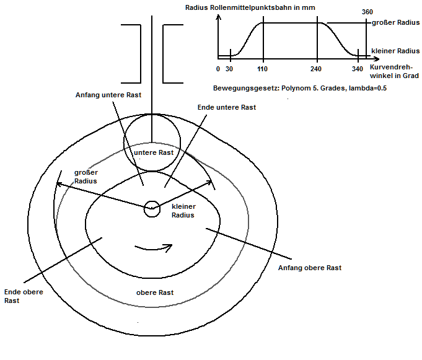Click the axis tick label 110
coord(262,69)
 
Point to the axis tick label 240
coord(316,69)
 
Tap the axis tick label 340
coord(358,69)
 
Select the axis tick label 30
coord(229,69)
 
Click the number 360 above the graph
coord(367,12)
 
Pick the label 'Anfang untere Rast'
coord(108,95)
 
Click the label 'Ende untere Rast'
coord(227,107)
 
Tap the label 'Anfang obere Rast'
coord(309,268)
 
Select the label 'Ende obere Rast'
coord(24,296)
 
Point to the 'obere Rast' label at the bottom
coord(155,292)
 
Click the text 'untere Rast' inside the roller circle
coord(154,152)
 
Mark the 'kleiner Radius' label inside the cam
coord(183,211)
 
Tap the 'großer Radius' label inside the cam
coord(86,177)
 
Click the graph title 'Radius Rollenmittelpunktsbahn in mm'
coord(250,7)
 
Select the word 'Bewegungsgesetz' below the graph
coord(245,88)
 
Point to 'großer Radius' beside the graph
coord(395,22)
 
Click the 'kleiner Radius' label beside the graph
coord(395,51)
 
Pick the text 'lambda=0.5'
coord(367,88)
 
